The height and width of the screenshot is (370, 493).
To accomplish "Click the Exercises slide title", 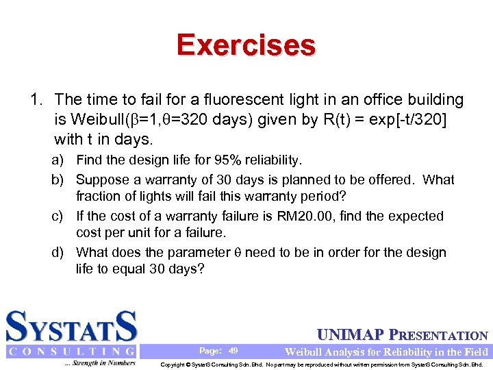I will coord(246,45).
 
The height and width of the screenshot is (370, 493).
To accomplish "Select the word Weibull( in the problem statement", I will coord(103,120).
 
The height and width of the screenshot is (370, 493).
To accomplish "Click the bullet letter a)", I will coord(59,160).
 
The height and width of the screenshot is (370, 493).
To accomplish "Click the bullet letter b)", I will coord(59,180).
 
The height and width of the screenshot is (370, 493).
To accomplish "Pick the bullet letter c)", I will coord(59,216).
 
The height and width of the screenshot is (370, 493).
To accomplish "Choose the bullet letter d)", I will coord(59,252).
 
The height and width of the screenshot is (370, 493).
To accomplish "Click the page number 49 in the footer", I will coord(233,351).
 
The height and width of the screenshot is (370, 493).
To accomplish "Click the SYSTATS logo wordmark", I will coord(72,327).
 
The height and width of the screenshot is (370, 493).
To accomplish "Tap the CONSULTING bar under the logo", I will coord(72,351).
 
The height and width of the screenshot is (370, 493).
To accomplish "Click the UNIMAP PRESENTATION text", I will coord(403,336).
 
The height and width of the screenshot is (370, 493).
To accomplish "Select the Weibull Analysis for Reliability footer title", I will coord(386,351).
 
